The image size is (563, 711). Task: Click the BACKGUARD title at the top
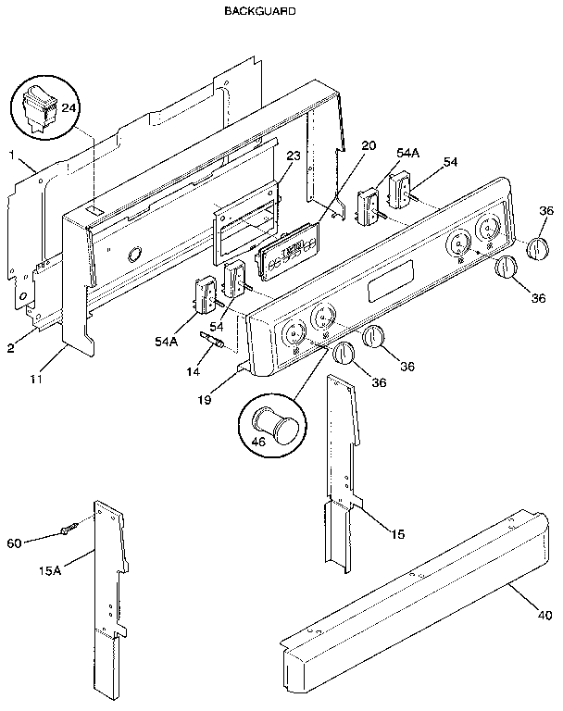(259, 12)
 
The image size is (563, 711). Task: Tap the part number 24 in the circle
(68, 108)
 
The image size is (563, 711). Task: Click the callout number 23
(292, 156)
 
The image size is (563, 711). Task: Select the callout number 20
(369, 145)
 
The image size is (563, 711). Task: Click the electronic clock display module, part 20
(288, 252)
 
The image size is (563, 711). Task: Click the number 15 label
(398, 533)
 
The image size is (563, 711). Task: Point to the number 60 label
(15, 543)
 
